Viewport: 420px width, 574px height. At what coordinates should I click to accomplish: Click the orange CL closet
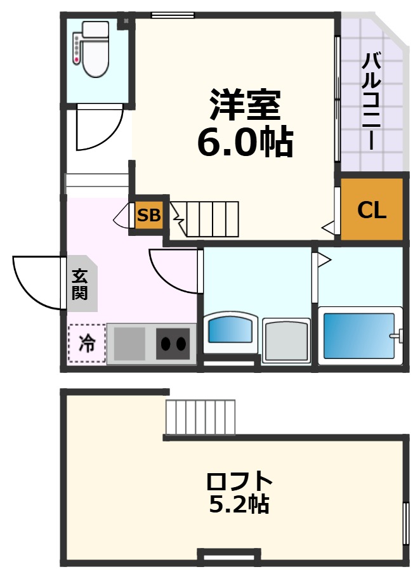point(372,210)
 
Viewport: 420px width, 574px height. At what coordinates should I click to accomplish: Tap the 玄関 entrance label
point(80,285)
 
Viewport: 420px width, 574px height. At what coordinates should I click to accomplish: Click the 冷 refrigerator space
point(87,343)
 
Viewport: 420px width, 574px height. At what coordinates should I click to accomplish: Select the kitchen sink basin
point(130,344)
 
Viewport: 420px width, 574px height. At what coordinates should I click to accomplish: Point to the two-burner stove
point(173,344)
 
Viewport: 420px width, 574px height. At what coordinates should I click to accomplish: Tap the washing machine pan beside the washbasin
point(286,341)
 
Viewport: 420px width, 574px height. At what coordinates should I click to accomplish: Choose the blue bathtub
point(359,335)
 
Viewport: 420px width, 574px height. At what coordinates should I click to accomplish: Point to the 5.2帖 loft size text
point(239,504)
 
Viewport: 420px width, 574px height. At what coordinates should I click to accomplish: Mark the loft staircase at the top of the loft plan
point(200,417)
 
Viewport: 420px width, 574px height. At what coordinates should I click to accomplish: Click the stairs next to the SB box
point(207,218)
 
